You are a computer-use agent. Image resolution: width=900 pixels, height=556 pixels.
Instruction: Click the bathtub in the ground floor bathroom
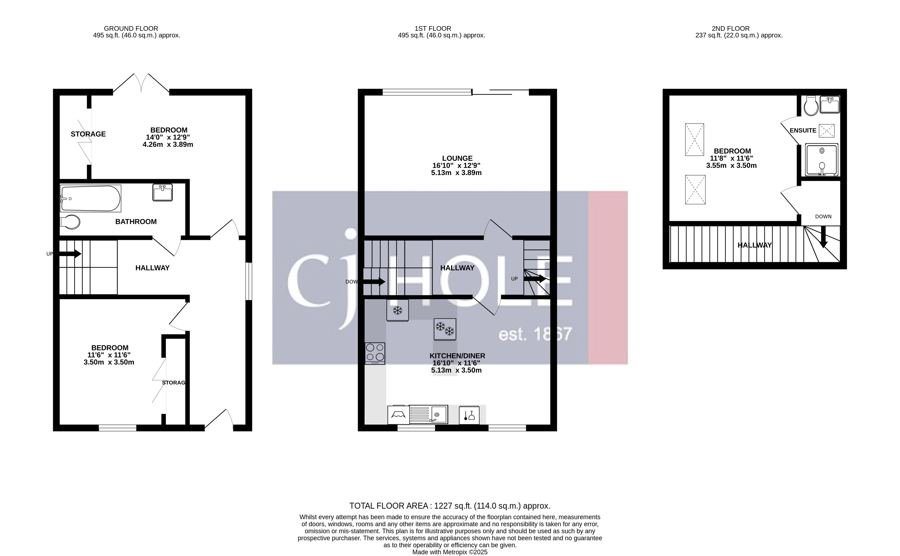pos(91,199)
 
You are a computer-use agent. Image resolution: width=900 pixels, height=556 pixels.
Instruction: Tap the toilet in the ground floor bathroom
pos(70,222)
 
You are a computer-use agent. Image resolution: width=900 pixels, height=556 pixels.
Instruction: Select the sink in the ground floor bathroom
pos(163,192)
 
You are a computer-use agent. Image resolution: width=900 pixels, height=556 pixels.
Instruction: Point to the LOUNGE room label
pos(457,158)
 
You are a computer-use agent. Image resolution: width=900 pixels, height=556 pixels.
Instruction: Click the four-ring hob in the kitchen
pos(375,353)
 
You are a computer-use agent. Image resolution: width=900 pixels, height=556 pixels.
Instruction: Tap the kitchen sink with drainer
pos(429,415)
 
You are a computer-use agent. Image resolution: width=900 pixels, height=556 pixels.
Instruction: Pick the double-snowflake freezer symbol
pos(445,329)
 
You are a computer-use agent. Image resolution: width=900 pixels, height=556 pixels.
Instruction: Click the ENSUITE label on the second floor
pos(803,130)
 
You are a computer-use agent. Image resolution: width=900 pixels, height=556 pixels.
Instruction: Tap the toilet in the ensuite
pos(811,106)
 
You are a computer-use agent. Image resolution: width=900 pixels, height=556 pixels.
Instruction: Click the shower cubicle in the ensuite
pos(821,160)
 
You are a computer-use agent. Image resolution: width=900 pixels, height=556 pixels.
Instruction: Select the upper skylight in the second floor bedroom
pos(694,140)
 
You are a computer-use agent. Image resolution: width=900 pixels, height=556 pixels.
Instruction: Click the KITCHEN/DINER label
pos(457,356)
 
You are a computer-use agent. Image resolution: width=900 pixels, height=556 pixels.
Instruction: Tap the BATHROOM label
pos(136,222)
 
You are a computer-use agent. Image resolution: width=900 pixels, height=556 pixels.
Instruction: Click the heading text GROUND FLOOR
pos(131,28)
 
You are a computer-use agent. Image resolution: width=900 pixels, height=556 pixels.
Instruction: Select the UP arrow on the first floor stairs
pos(535,279)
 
